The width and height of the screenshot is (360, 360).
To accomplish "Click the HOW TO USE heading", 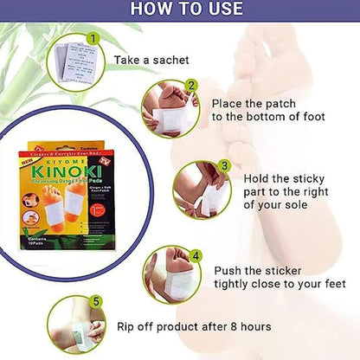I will (x=180, y=11).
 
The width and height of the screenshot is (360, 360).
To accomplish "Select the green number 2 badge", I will (x=191, y=87).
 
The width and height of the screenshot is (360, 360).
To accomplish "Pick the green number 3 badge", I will (x=224, y=165).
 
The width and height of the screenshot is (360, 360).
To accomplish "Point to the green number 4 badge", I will (x=196, y=256).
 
